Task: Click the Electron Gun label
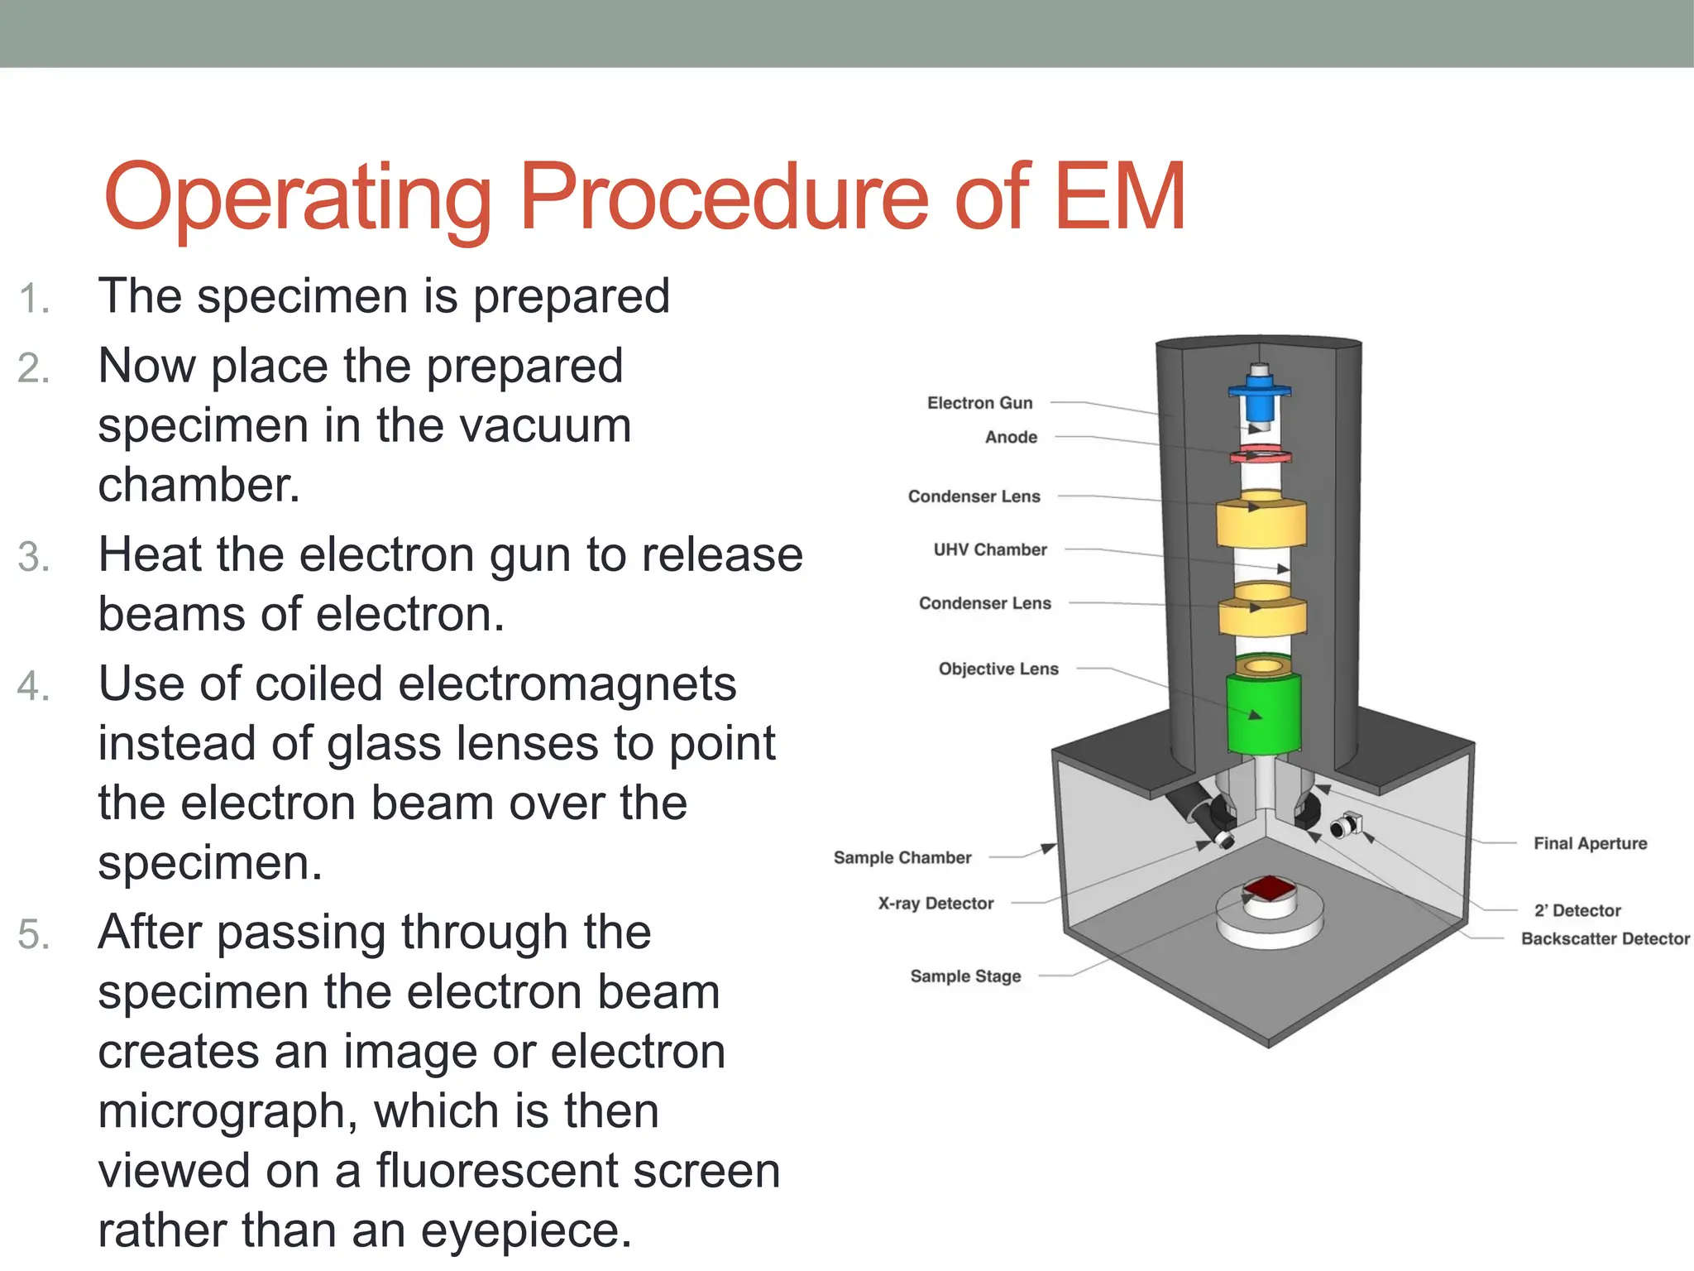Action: (x=979, y=403)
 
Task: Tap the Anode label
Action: (x=1011, y=437)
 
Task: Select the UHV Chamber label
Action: (x=990, y=549)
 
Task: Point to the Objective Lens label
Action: (x=998, y=669)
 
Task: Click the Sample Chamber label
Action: (x=902, y=857)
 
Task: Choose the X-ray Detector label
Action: (x=936, y=904)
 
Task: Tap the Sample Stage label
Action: (x=965, y=976)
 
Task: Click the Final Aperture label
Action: (x=1590, y=843)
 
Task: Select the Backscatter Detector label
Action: (x=1605, y=938)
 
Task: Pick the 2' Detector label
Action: (x=1577, y=910)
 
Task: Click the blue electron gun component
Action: (x=1259, y=397)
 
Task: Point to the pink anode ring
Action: (x=1261, y=454)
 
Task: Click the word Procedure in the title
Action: (x=724, y=199)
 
